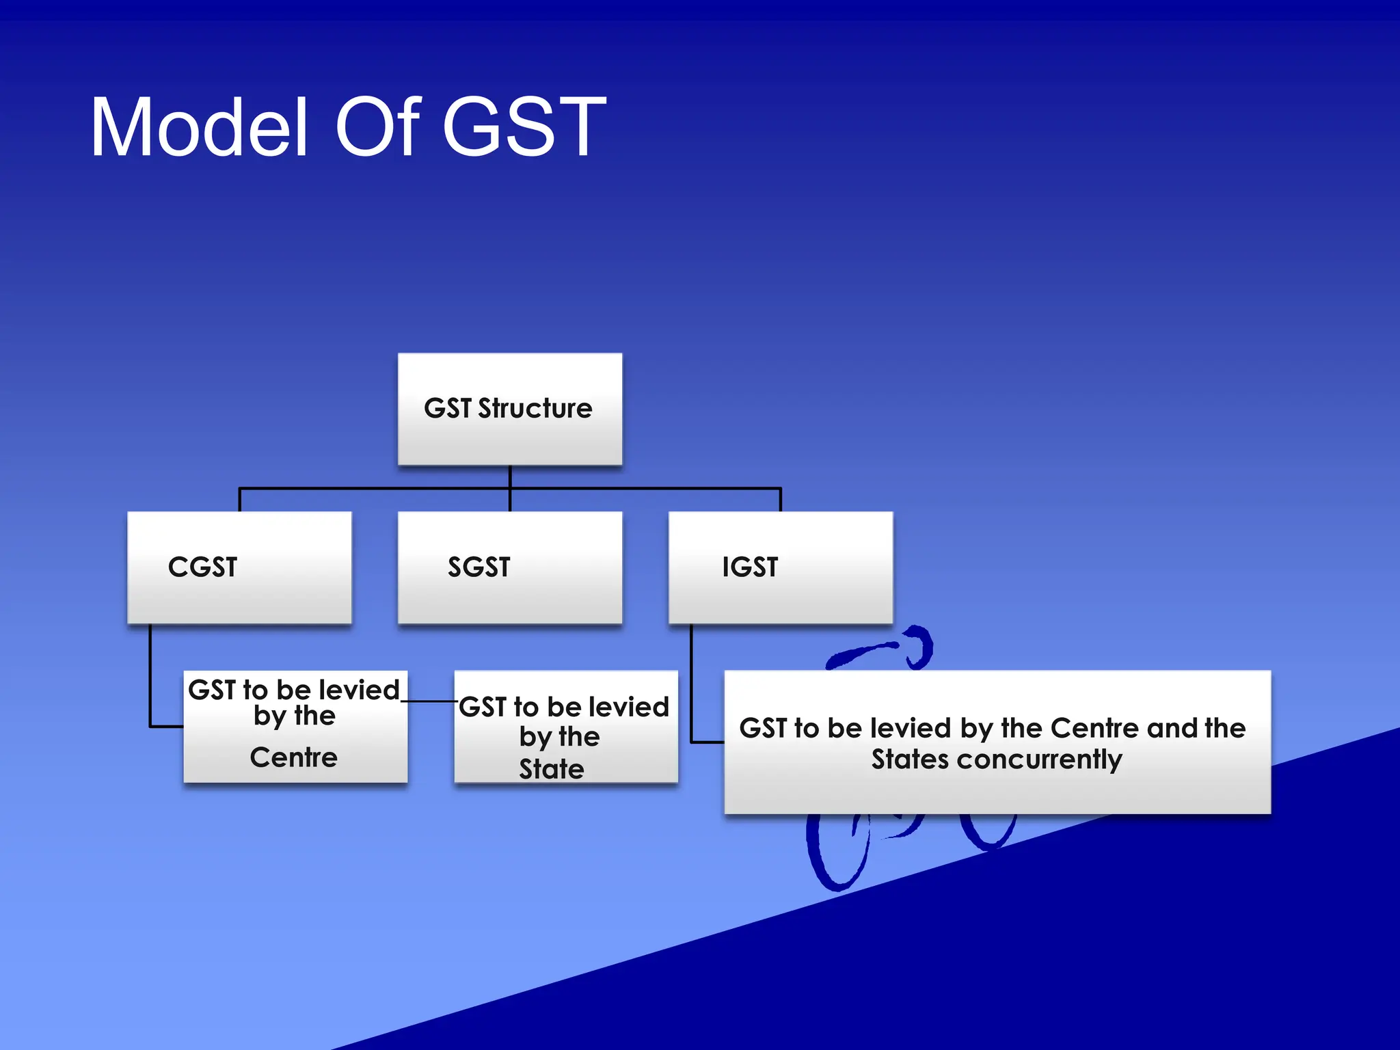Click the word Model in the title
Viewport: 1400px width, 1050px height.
coord(199,128)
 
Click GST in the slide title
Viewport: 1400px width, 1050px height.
coord(524,128)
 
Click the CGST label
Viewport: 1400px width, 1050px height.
coord(202,567)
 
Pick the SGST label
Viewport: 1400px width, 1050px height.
coord(479,567)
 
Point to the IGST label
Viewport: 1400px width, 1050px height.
coord(750,567)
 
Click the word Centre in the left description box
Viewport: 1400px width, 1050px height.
coord(294,757)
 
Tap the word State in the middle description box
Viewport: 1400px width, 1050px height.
coord(551,769)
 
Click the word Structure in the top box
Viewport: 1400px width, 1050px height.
coord(535,409)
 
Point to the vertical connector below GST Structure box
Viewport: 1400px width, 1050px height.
coord(510,477)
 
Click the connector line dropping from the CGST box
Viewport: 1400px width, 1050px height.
coord(150,677)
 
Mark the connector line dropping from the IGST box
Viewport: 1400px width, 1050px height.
coord(691,684)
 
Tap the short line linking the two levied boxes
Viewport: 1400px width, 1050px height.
coord(431,701)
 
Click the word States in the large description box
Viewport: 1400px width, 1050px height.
coord(910,760)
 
